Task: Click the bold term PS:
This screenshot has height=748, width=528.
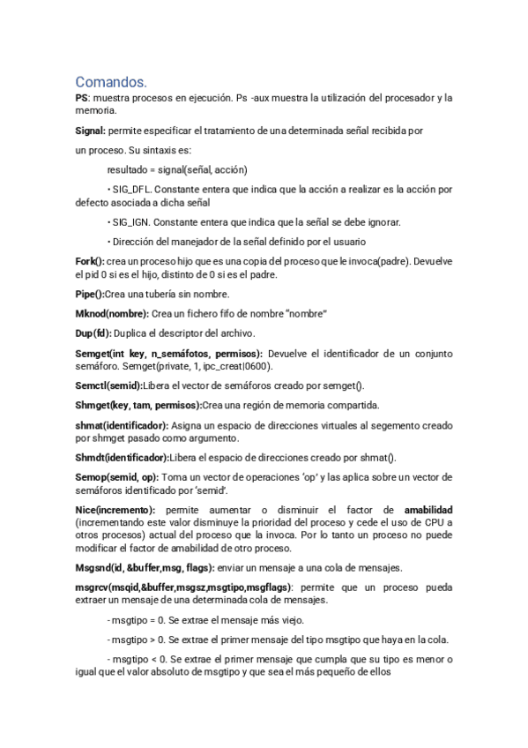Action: pyautogui.click(x=83, y=98)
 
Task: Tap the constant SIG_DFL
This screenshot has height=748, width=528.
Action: pyautogui.click(x=131, y=190)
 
